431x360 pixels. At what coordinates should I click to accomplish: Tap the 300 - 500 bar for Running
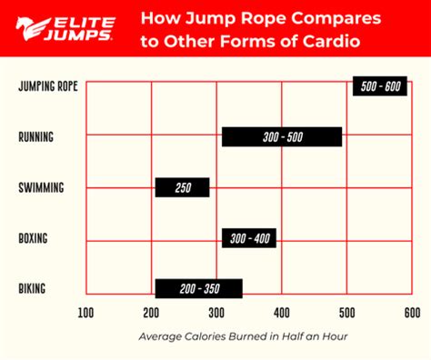[x=282, y=136]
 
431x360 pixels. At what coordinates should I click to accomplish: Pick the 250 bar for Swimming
[x=182, y=187]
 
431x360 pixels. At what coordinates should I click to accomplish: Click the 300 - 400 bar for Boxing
[x=248, y=238]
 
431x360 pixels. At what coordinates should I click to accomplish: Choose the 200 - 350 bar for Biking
[x=198, y=289]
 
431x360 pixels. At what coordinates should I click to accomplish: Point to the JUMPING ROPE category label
[x=48, y=86]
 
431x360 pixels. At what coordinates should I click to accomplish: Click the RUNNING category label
[x=36, y=137]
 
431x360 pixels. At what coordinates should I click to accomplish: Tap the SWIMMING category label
[x=40, y=188]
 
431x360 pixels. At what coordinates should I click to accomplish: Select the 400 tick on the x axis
[x=281, y=313]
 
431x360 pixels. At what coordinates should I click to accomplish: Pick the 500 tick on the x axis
[x=346, y=313]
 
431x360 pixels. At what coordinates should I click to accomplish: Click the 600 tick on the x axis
[x=411, y=313]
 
